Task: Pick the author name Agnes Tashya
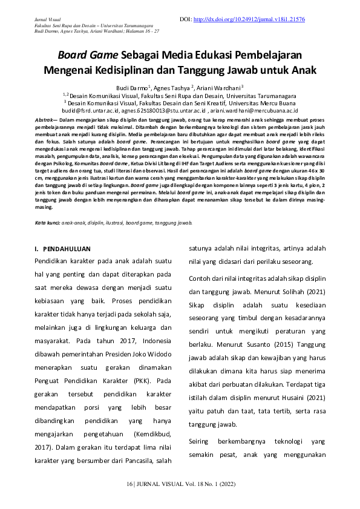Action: [172, 88]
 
